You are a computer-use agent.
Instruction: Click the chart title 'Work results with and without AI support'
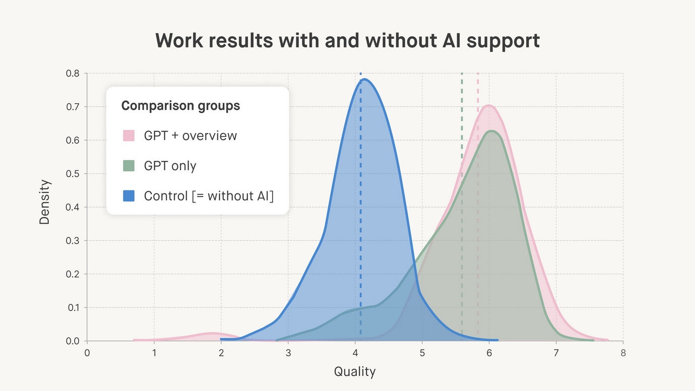348,41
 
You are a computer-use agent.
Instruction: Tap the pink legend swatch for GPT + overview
129,136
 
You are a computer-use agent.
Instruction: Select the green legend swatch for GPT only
129,166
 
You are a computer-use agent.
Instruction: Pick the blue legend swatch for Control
129,195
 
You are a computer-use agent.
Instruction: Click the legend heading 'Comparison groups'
180,106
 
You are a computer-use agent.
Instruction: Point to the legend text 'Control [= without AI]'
209,196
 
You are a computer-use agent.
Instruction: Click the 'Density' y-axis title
44,202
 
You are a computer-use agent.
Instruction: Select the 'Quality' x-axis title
355,371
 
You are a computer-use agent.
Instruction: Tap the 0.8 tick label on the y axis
73,74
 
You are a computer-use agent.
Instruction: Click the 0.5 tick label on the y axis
73,174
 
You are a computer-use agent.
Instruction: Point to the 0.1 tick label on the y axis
73,307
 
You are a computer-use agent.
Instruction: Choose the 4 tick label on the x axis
355,353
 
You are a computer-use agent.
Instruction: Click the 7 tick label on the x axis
556,353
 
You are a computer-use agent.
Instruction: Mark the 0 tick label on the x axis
87,353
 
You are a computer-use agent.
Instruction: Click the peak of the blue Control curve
364,79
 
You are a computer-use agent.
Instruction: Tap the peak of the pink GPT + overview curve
489,105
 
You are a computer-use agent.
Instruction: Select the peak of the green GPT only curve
491,131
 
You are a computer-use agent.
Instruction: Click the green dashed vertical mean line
462,207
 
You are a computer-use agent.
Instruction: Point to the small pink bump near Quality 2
212,334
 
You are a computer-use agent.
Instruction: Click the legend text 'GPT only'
170,166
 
